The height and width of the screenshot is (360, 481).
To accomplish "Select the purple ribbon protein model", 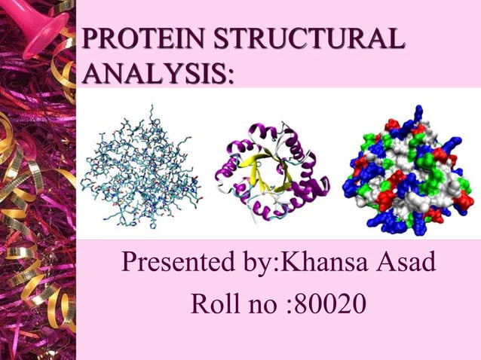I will pyautogui.click(x=275, y=172).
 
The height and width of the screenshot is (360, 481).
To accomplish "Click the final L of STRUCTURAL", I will pyautogui.click(x=394, y=40).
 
